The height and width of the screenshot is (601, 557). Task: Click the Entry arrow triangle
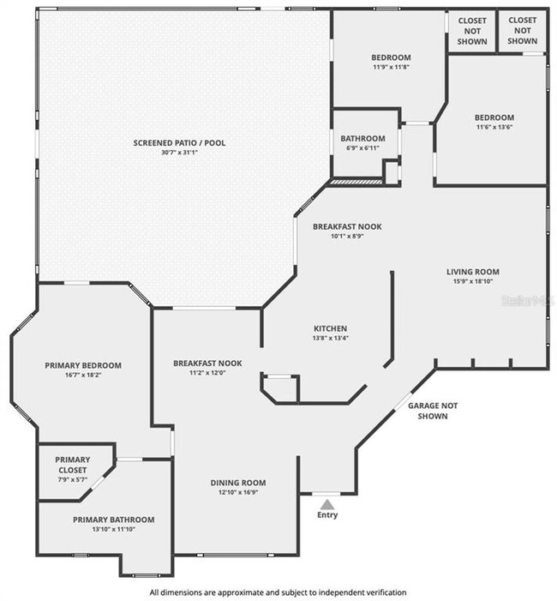coord(326,503)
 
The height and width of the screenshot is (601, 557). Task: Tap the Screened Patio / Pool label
coord(179,143)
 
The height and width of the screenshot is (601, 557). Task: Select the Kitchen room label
coord(330,328)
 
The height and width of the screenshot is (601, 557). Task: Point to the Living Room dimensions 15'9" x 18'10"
coord(473,281)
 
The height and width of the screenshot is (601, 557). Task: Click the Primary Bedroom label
coord(83,365)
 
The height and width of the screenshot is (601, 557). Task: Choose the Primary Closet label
coord(72,465)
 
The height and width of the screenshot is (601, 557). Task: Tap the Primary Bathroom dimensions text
coord(114,529)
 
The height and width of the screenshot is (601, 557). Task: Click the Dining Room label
coord(238,483)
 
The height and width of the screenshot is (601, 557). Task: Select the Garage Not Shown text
coord(433,411)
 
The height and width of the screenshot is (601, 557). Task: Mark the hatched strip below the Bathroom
coord(356,181)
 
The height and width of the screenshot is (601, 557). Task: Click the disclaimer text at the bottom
coord(278,592)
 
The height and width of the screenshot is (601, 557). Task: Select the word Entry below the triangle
coord(327,514)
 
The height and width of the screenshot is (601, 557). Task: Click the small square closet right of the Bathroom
coord(392,172)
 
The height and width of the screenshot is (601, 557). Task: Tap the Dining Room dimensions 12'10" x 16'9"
coord(238,492)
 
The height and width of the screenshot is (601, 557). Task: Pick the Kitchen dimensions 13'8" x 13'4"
coord(330,338)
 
